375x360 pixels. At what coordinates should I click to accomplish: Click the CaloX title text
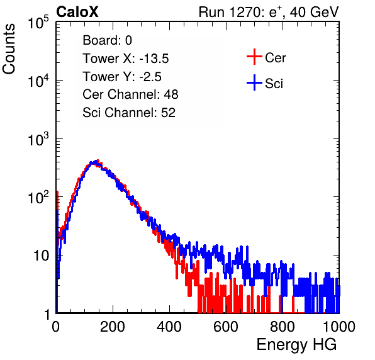click(77, 12)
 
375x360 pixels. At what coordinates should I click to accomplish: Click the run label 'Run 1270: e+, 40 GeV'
click(269, 12)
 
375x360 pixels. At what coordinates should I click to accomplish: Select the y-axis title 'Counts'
click(9, 49)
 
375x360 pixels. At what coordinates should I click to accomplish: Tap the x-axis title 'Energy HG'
click(296, 345)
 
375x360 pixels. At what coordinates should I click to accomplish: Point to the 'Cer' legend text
click(275, 58)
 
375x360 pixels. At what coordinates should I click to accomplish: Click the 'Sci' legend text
click(274, 84)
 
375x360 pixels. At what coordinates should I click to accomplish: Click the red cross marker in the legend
click(254, 57)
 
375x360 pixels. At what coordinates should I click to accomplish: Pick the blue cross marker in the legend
click(254, 82)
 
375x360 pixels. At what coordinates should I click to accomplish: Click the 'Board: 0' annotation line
click(107, 40)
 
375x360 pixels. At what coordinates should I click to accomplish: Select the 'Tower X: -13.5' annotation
click(126, 59)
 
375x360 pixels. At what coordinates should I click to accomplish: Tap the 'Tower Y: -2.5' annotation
click(122, 77)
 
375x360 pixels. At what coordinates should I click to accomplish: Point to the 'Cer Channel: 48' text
click(130, 94)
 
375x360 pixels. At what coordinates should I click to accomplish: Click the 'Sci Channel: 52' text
click(129, 113)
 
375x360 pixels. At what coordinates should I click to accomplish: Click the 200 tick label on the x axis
click(113, 327)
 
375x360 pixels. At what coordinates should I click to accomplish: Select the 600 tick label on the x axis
click(226, 327)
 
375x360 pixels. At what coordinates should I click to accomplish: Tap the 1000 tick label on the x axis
click(339, 327)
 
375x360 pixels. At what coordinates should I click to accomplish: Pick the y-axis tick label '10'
click(42, 256)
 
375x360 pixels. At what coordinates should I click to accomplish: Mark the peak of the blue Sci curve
click(97, 161)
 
